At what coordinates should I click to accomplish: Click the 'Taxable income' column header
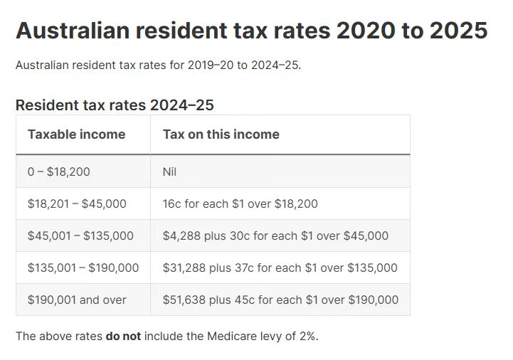coord(76,134)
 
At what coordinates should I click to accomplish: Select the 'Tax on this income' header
coord(221,134)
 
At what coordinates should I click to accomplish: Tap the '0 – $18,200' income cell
coord(58,171)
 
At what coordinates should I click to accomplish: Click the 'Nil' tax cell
coord(169,171)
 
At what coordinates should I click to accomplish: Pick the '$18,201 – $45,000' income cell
coord(77,203)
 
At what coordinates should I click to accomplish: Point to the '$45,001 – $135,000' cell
coord(80,235)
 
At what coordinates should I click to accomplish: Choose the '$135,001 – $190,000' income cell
coord(83,268)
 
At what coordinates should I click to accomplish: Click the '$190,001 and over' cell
coord(77,300)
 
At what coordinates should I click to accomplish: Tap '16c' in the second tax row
coord(171,203)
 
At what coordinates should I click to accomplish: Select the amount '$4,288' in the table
coord(181,235)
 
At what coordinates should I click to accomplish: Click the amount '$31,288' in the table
coord(184,268)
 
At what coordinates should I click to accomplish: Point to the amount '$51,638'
coord(184,300)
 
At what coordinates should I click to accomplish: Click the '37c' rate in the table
coord(243,268)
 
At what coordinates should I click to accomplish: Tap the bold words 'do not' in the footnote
coord(123,336)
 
